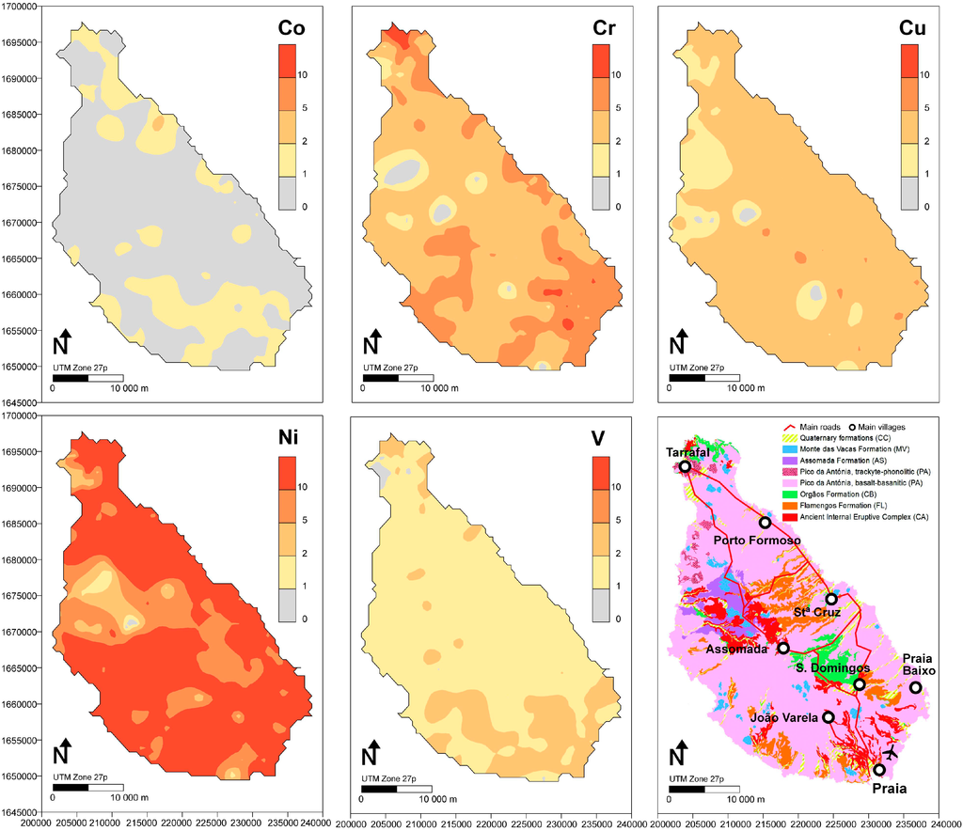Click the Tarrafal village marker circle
pyautogui.click(x=685, y=466)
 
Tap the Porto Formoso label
pyautogui.click(x=757, y=541)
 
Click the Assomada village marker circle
pyautogui.click(x=783, y=647)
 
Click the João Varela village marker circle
pyautogui.click(x=829, y=717)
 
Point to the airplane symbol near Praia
pyautogui.click(x=892, y=754)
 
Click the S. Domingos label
pyautogui.click(x=829, y=667)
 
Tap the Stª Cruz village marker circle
pyautogui.click(x=831, y=599)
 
